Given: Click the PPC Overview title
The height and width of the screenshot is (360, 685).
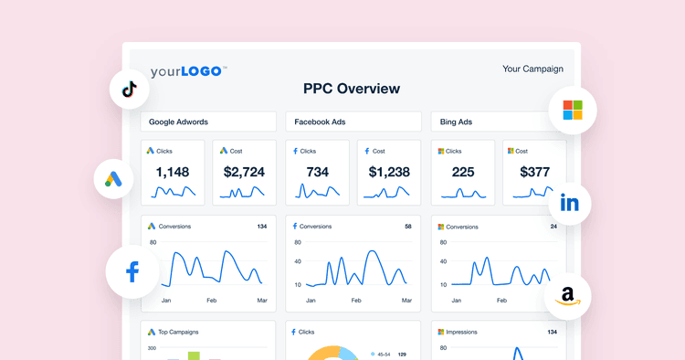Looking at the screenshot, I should tap(351, 89).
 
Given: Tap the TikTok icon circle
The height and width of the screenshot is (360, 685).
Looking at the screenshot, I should tap(129, 89).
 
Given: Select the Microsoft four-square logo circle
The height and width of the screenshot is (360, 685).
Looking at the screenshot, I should tap(572, 111).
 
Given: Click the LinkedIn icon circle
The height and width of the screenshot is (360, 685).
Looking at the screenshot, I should tap(569, 204).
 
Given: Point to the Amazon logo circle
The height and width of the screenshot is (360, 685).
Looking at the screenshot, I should tap(567, 295).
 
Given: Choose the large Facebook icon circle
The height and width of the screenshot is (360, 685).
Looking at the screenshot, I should tap(132, 271).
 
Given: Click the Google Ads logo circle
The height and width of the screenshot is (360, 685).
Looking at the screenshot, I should tap(114, 179).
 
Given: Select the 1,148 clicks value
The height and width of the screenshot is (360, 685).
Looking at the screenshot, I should tap(172, 172).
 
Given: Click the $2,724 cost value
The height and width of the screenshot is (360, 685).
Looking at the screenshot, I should tap(244, 172).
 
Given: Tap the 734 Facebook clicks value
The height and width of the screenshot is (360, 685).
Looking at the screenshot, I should tap(317, 172).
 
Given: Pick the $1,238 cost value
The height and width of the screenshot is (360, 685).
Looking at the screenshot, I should tap(389, 172).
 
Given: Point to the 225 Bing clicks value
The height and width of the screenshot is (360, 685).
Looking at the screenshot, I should tap(463, 172).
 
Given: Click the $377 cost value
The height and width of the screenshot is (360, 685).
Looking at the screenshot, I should tap(534, 172).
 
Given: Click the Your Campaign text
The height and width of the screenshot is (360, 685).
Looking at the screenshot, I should tap(532, 69).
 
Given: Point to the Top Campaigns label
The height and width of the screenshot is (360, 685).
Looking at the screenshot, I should tap(178, 332).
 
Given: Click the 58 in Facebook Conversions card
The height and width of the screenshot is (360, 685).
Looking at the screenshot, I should tap(407, 226).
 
